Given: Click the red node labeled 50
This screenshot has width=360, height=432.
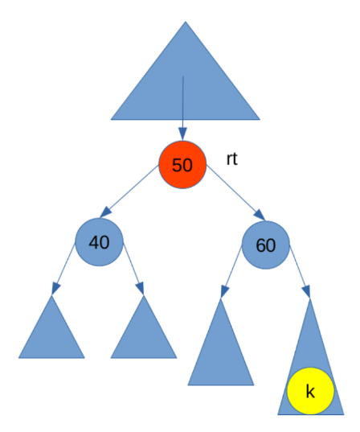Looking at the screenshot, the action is coord(182,165).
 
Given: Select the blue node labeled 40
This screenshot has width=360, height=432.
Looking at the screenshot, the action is coord(99,242).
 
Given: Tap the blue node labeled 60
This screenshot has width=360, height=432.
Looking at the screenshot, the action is coord(266,245).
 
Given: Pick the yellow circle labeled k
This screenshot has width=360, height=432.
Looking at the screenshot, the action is coord(310,391).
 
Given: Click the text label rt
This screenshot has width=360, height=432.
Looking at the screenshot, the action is coord(231,159).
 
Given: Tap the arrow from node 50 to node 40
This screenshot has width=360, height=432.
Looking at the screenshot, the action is coord(129,191).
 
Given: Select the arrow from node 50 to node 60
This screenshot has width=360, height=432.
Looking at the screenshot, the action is coord(236,192).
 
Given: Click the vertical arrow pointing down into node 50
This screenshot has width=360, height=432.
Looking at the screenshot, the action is coord(182,109).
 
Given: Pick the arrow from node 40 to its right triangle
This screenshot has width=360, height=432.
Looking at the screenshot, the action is coord(133,269).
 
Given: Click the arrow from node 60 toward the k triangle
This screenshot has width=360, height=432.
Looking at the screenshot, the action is coord(300,272).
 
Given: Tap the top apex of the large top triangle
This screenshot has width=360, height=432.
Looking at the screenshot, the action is coord(186,22).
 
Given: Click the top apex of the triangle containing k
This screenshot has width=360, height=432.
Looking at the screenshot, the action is coord(310,298).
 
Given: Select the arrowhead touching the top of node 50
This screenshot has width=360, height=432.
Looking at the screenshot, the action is coord(182,134).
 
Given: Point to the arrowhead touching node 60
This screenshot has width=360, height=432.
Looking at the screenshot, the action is coord(260,215).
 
